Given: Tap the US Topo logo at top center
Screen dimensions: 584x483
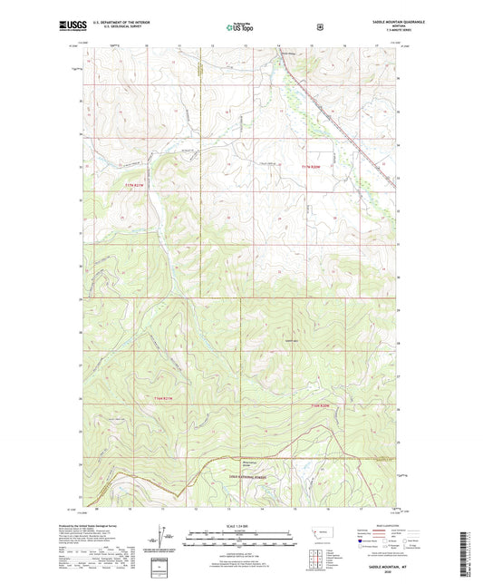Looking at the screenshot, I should (x=240, y=27).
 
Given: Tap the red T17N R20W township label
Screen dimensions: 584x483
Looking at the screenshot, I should (x=313, y=166).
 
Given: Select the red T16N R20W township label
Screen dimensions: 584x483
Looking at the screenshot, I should (x=324, y=405).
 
